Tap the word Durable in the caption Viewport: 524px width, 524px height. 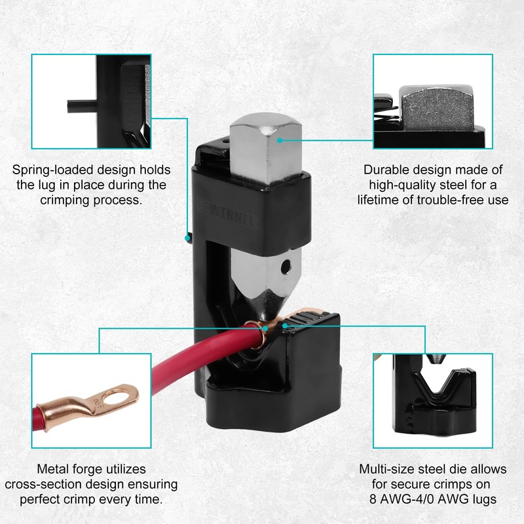pyautogui.click(x=386, y=169)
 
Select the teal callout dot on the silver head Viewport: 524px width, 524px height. pyautogui.click(x=278, y=138)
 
